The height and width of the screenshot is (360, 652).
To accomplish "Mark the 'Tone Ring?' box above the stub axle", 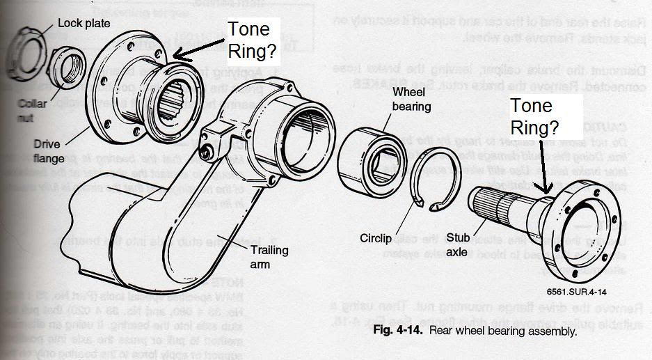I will coord(534,116).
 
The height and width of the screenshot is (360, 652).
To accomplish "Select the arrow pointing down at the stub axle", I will coord(547,168).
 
